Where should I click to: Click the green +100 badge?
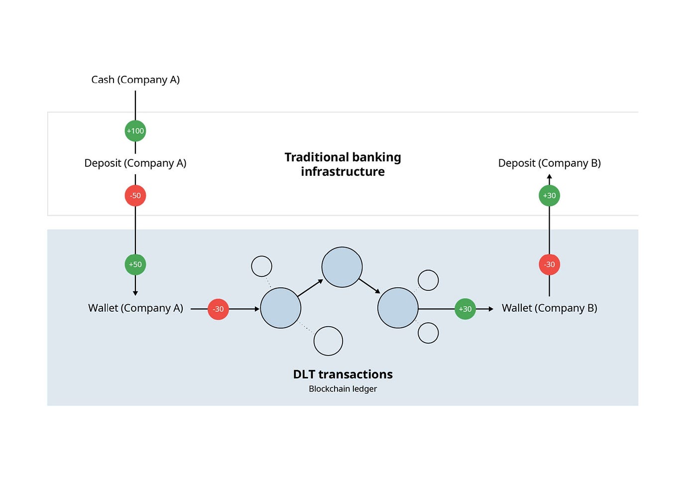click(x=135, y=131)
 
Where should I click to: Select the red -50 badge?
click(x=135, y=196)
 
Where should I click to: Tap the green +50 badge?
click(x=135, y=264)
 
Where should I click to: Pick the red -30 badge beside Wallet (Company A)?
click(x=218, y=309)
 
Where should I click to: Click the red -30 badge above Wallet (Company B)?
click(x=549, y=264)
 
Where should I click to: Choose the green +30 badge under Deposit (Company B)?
click(x=549, y=196)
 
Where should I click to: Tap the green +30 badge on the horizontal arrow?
click(x=465, y=309)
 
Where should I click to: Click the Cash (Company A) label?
click(x=135, y=80)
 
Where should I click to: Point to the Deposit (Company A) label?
click(x=135, y=163)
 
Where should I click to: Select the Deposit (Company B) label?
click(x=549, y=163)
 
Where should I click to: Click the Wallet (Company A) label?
click(x=135, y=308)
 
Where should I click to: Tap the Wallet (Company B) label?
click(x=549, y=308)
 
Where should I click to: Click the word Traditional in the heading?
click(x=315, y=157)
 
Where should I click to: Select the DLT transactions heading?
click(x=343, y=374)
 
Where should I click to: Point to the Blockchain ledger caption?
click(x=343, y=389)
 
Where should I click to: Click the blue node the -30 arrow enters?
click(x=281, y=308)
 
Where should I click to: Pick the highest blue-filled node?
click(x=342, y=267)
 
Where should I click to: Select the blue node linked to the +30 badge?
click(x=398, y=308)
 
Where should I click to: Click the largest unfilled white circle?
click(x=328, y=341)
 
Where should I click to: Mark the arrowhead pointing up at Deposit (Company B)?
click(x=549, y=177)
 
